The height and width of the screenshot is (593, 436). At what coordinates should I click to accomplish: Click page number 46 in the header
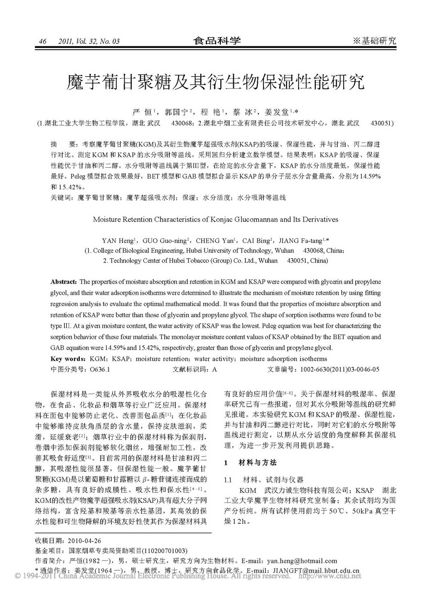43,41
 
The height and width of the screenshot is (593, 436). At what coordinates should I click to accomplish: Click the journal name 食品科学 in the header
217,41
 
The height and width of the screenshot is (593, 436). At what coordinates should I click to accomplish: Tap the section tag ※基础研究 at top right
374,41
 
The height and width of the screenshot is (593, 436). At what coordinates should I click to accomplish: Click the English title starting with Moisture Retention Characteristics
216,219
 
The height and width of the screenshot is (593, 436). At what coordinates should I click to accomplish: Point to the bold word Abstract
64,282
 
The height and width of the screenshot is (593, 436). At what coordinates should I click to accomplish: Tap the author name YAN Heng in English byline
118,241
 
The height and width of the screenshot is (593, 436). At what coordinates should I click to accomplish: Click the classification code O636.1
99,369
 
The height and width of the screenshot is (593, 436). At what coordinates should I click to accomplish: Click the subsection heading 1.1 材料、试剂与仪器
264,479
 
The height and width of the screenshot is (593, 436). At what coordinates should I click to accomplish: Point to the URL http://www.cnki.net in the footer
330,576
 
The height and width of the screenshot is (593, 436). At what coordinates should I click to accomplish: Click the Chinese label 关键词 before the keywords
61,197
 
